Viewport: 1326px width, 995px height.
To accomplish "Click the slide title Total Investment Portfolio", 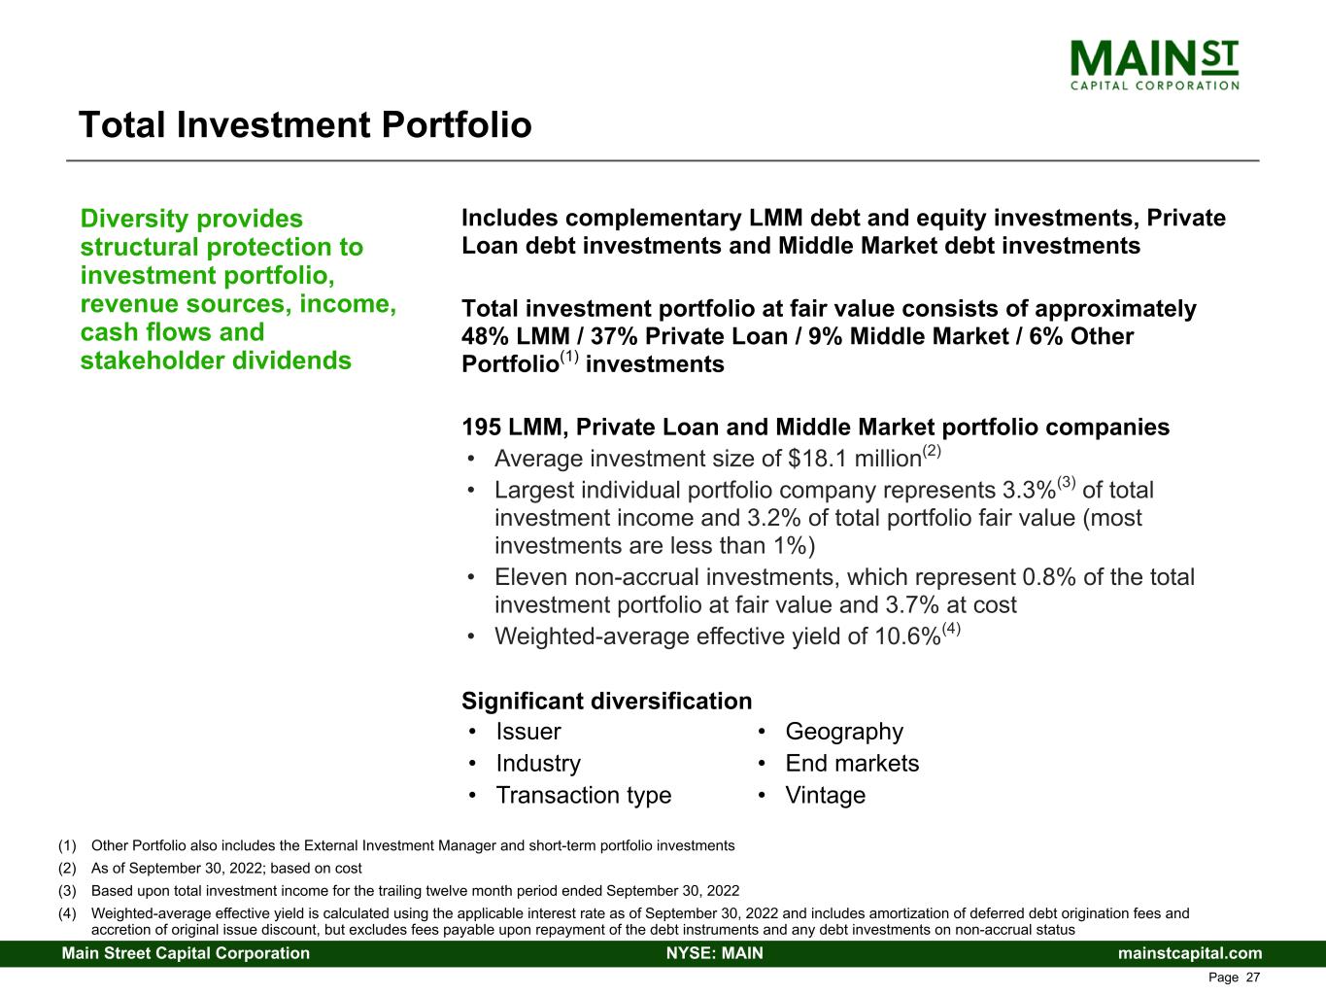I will (305, 125).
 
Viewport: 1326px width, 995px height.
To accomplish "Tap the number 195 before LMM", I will (481, 428).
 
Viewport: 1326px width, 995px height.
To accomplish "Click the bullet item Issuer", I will (528, 732).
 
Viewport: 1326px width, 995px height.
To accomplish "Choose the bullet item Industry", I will (538, 764).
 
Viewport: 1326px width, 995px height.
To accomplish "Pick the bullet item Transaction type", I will (583, 796).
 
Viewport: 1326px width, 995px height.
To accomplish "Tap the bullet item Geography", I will (843, 732).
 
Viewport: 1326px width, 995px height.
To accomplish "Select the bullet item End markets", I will (851, 764).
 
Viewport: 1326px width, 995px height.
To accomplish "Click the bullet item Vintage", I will (825, 796).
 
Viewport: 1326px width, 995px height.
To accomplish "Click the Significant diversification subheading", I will (606, 702).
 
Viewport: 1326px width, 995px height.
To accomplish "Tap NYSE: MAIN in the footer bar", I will (714, 953).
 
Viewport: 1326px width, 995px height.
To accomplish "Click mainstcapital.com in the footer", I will (1190, 953).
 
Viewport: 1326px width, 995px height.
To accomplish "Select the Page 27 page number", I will (1234, 978).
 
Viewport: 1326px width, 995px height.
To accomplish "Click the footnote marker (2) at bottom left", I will (67, 868).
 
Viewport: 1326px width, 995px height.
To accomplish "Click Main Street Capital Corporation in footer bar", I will (186, 953).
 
